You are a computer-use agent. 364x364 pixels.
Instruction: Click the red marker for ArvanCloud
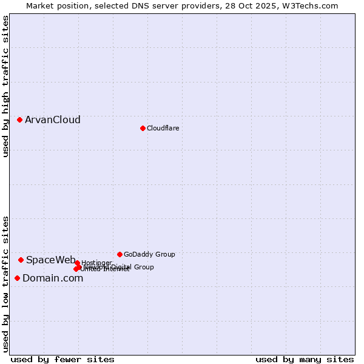[19, 120]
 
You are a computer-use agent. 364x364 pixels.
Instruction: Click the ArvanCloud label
[53, 120]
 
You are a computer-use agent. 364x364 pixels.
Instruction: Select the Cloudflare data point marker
[143, 128]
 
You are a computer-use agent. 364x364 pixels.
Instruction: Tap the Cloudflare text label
[163, 128]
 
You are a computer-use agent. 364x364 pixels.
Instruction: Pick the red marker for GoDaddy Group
[120, 254]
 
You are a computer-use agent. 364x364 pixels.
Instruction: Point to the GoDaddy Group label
[149, 254]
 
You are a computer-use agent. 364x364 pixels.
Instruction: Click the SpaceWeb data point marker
[21, 260]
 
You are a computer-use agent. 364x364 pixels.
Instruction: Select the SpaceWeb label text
[51, 260]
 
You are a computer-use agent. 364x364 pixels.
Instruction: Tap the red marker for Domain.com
[17, 278]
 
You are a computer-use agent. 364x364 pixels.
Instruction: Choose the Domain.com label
[53, 278]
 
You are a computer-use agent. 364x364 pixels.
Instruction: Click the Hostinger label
[97, 263]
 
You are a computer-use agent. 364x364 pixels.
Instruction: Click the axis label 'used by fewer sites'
[62, 359]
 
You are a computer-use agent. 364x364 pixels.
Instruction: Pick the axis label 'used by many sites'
[305, 359]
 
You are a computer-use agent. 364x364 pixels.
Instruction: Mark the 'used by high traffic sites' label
[5, 86]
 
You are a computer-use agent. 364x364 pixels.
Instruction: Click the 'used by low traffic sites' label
[5, 284]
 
